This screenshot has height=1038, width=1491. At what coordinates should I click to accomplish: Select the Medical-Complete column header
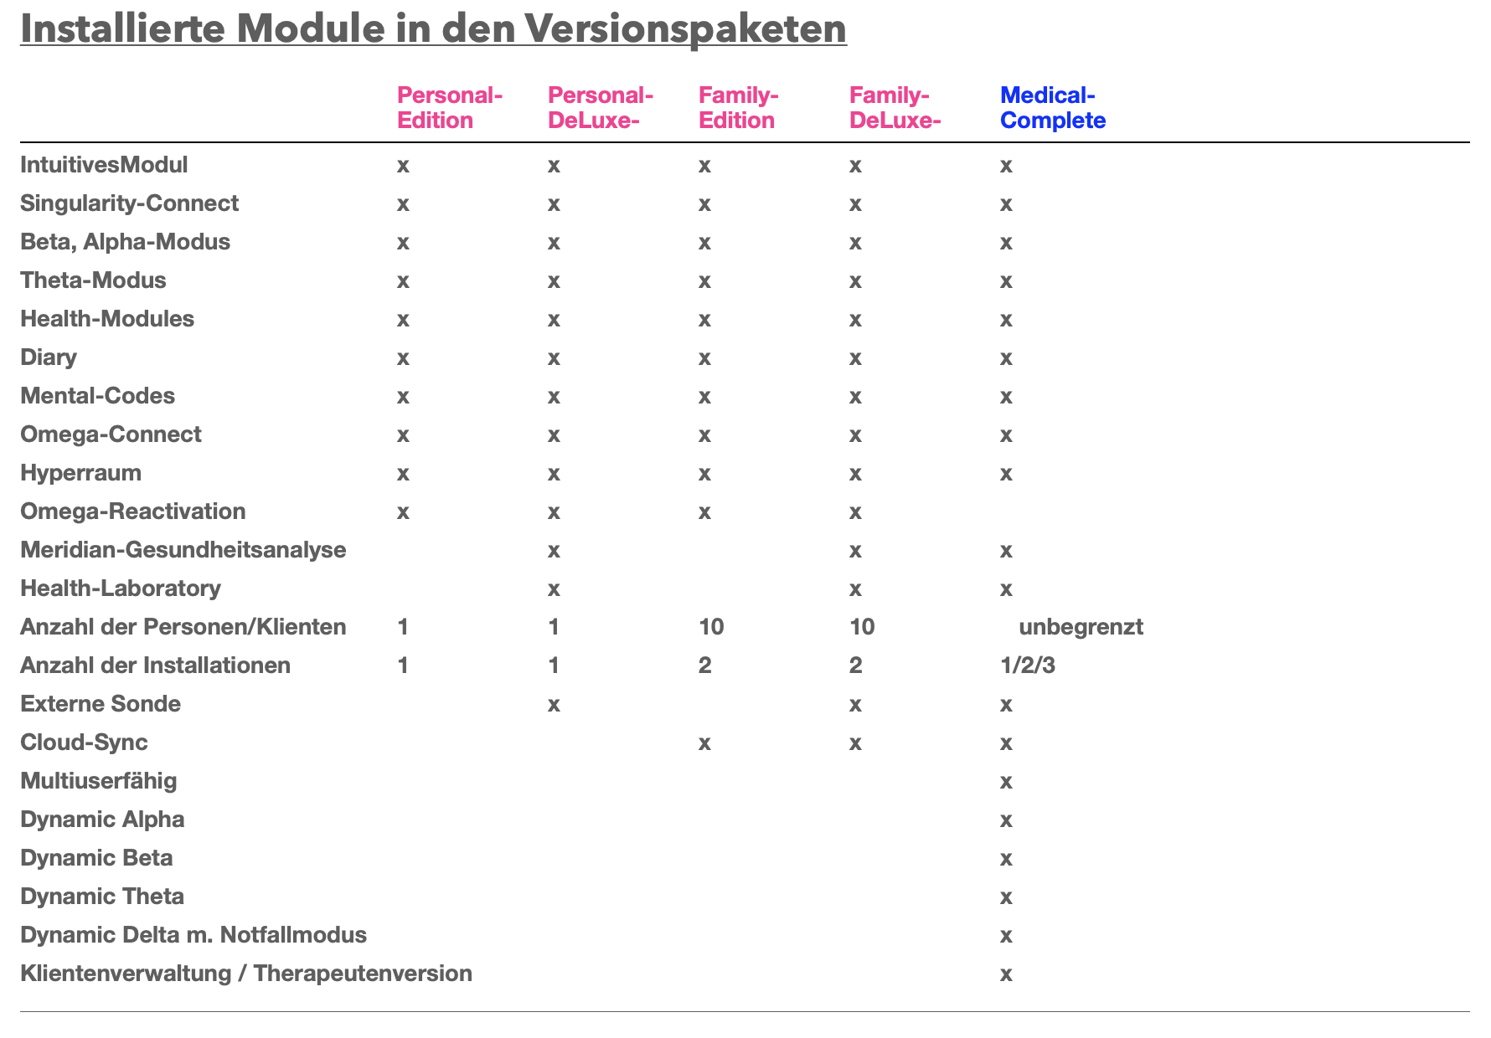(x=1053, y=108)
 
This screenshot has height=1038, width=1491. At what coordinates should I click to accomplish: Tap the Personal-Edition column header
(x=449, y=108)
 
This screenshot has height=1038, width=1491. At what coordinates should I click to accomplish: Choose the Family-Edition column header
(x=739, y=108)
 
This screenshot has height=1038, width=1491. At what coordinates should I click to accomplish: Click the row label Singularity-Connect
(x=129, y=203)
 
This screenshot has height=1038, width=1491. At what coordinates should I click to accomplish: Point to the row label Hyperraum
(x=80, y=473)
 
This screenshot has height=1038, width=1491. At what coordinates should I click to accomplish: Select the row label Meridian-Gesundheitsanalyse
(x=183, y=550)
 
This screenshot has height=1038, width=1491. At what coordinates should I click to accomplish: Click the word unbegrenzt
(x=1081, y=627)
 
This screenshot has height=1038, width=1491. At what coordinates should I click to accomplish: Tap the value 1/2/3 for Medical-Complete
(x=1028, y=665)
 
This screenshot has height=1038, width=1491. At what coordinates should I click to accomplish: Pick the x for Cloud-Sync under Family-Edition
(x=704, y=743)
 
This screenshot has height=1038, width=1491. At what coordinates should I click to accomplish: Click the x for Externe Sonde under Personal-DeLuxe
(x=554, y=705)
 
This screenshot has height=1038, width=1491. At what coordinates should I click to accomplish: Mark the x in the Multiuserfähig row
(x=1006, y=782)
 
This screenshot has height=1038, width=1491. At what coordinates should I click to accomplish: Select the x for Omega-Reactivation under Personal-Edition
(x=403, y=512)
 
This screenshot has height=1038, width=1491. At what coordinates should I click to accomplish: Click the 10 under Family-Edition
(x=711, y=627)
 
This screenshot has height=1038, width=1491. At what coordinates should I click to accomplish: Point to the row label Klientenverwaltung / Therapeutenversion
(x=245, y=974)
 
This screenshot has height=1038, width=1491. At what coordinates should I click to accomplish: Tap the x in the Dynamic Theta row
(x=1006, y=897)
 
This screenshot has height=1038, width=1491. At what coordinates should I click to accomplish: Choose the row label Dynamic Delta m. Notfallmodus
(x=193, y=935)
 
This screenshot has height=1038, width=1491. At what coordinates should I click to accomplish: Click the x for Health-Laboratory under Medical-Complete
(x=1006, y=589)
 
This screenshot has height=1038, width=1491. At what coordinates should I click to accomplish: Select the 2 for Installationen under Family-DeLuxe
(x=855, y=665)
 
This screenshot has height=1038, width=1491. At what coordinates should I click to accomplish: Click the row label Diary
(x=48, y=357)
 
